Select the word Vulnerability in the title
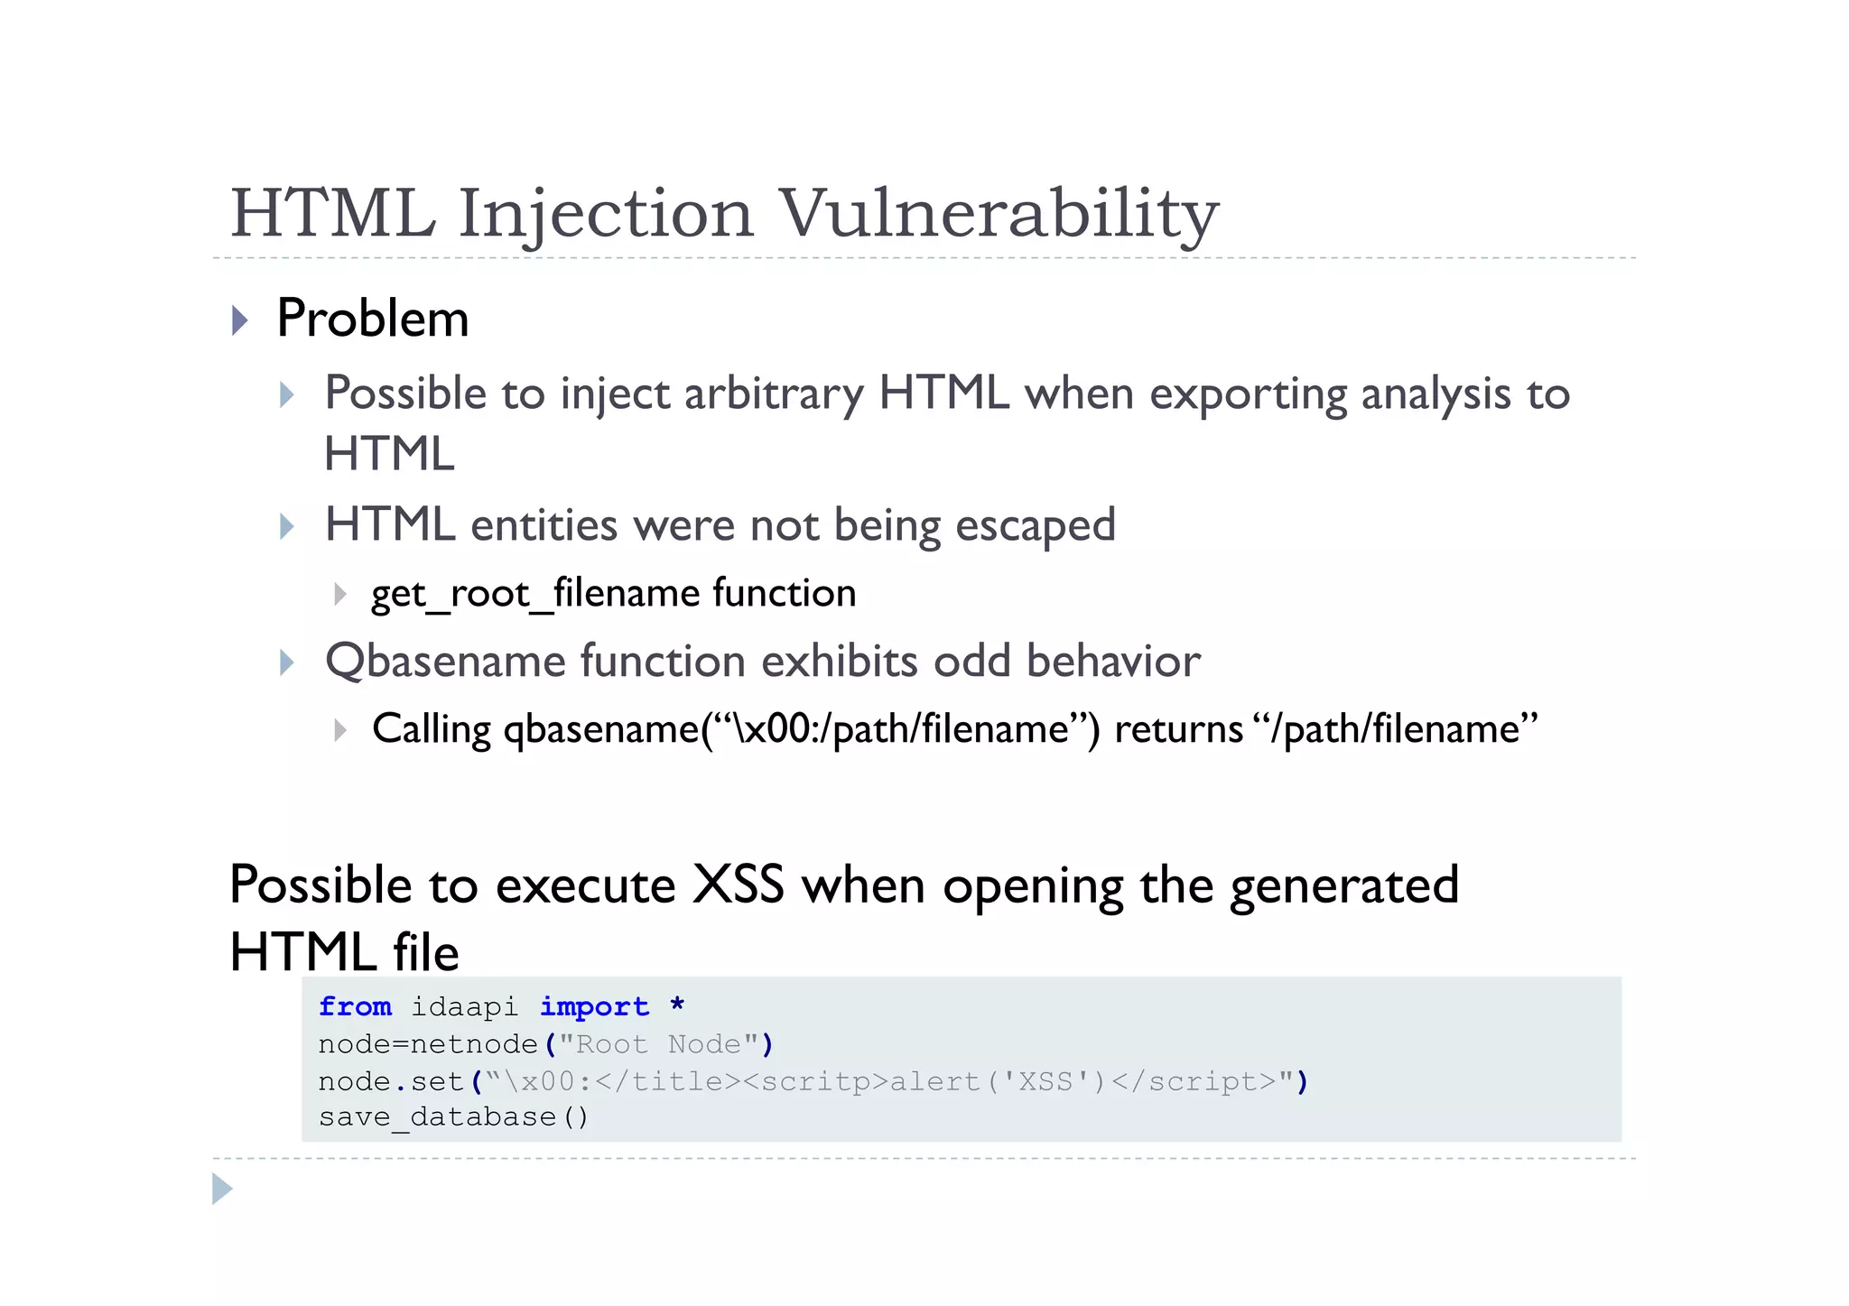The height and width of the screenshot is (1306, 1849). [x=999, y=215]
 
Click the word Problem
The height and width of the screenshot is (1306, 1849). [x=373, y=319]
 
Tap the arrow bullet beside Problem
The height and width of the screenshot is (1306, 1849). [x=240, y=320]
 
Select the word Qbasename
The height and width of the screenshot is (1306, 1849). [x=444, y=662]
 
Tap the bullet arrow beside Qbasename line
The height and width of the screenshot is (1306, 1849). [x=287, y=662]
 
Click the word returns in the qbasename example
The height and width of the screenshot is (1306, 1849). [x=1178, y=729]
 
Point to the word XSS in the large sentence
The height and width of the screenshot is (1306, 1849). [x=738, y=885]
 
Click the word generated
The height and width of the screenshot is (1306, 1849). [x=1344, y=886]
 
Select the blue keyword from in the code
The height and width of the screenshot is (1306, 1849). [x=355, y=1006]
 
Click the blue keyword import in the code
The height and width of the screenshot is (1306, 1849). [x=594, y=1006]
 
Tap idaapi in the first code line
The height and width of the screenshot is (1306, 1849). [x=465, y=1006]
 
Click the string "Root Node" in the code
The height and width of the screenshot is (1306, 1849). [x=658, y=1044]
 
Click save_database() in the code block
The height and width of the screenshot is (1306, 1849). [x=453, y=1117]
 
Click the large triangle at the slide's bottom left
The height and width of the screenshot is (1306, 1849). [x=222, y=1189]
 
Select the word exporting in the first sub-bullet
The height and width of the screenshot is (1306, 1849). [x=1248, y=394]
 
